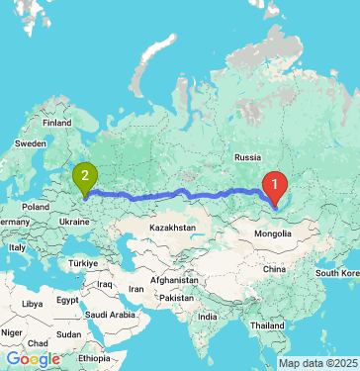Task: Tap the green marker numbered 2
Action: [85, 177]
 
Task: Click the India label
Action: [207, 317]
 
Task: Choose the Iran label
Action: [136, 289]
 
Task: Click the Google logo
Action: [33, 359]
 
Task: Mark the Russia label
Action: [247, 156]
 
